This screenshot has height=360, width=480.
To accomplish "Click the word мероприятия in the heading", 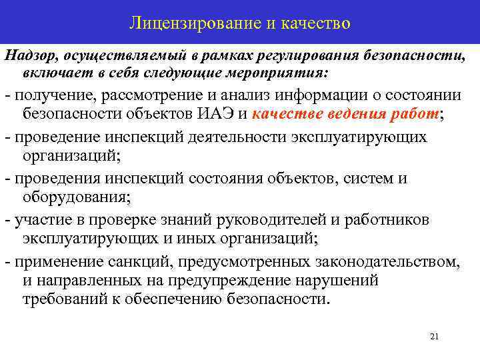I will point(287,71).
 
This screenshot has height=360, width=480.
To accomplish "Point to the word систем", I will point(371,179).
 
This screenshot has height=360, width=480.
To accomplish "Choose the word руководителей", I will point(249,220).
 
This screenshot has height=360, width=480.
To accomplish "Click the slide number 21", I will point(434,337).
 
